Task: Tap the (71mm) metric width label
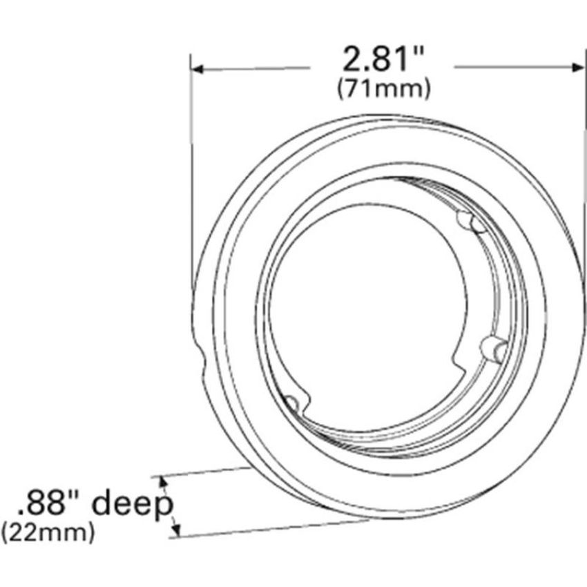[384, 88]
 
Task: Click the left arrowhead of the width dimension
[197, 69]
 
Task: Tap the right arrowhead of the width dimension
[577, 68]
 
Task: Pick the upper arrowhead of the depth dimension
[162, 481]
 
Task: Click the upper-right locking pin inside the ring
[471, 222]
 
